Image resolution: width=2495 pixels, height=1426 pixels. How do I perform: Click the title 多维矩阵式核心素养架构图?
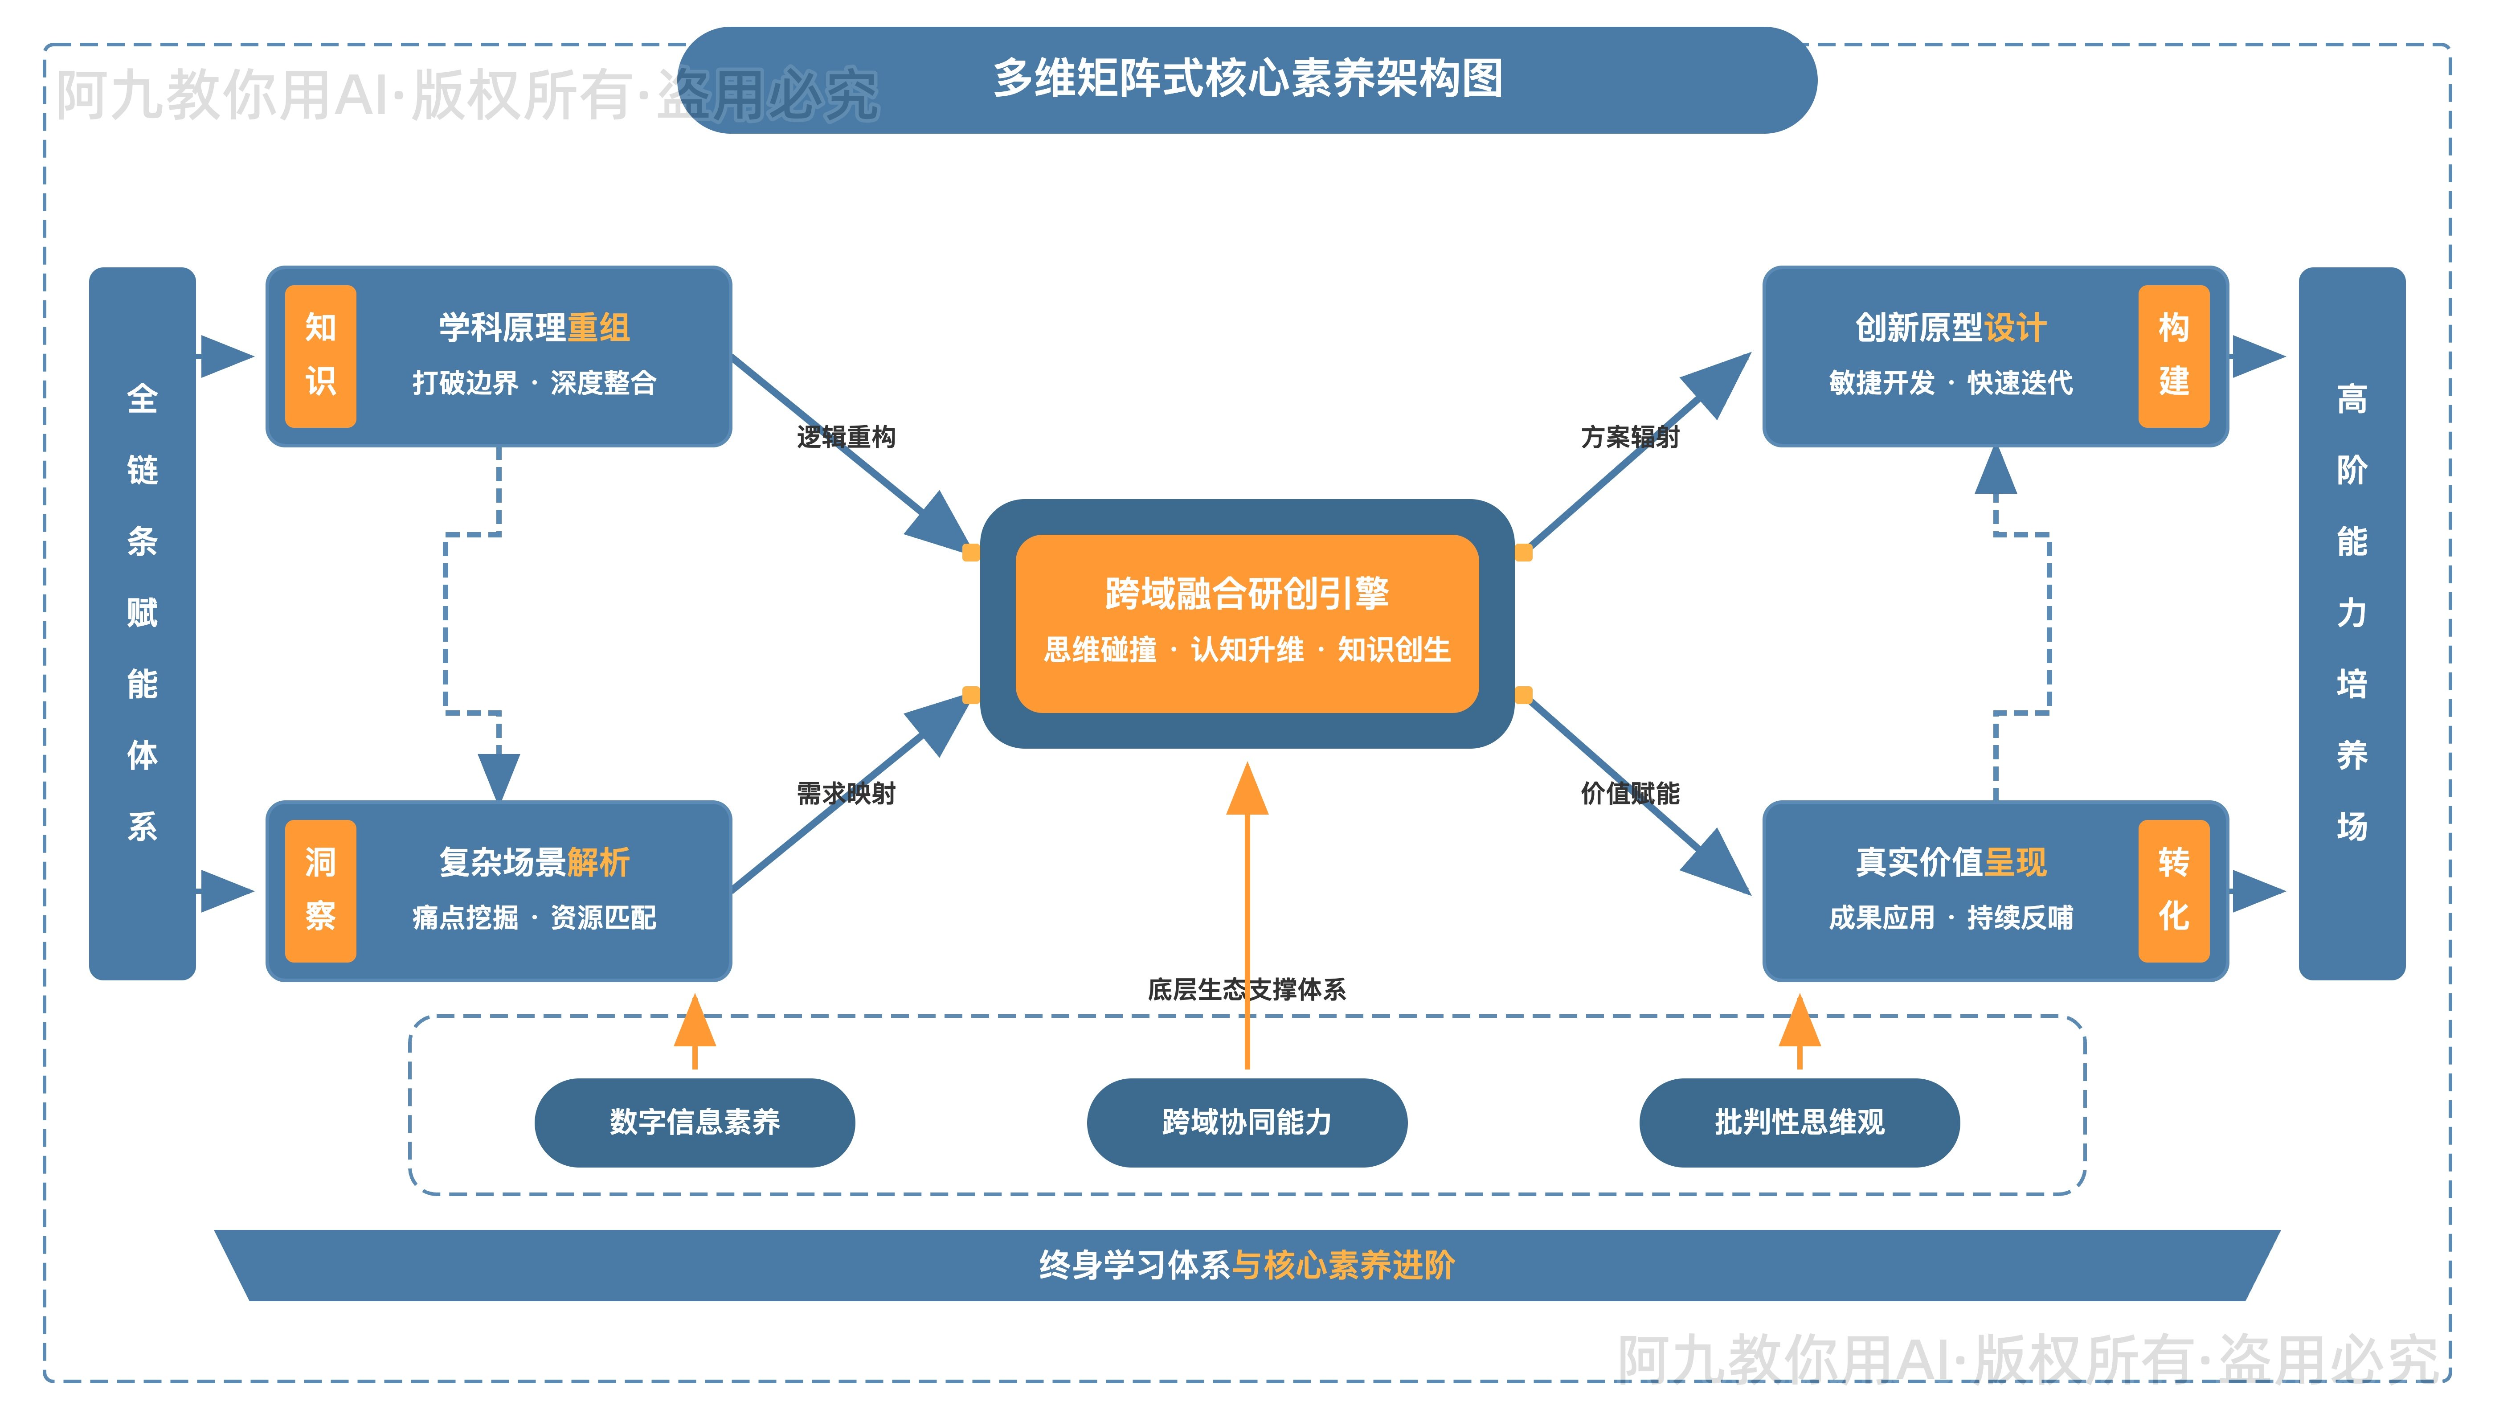tap(1247, 78)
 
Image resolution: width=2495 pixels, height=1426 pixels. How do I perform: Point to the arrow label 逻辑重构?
tap(846, 437)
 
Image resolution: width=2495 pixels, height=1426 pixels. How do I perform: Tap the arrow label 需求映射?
tap(846, 793)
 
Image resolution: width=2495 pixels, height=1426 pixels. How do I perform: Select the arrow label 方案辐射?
tap(1629, 437)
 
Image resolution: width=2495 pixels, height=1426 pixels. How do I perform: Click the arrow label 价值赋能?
tap(1629, 793)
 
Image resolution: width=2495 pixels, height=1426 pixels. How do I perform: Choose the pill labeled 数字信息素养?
tap(694, 1123)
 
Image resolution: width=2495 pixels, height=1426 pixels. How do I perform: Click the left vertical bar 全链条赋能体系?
tap(142, 623)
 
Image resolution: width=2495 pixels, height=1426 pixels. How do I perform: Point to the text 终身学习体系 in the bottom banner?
tap(1134, 1266)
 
